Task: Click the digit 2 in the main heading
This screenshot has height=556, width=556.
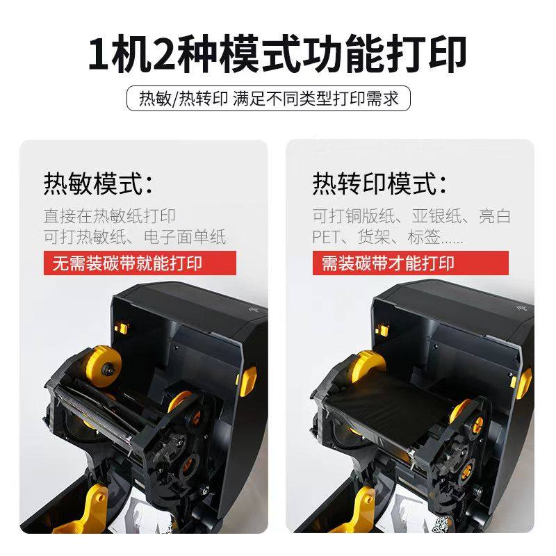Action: pos(163,54)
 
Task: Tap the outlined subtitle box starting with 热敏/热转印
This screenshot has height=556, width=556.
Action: pos(268,98)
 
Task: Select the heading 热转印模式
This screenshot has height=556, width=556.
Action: pos(379,183)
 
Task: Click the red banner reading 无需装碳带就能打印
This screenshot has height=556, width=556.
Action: pos(140,263)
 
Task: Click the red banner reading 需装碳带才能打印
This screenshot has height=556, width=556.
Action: pos(410,263)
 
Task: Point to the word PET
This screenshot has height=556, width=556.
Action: pos(326,237)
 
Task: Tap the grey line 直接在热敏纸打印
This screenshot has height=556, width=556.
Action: pos(110,216)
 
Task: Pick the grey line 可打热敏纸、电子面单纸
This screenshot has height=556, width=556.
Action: pos(135,237)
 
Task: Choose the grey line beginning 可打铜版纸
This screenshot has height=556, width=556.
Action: pos(411,216)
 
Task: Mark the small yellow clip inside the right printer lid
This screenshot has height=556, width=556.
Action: pos(382,331)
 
